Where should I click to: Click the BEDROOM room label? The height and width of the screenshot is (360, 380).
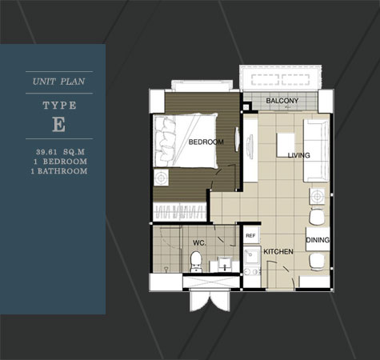(x=206, y=142)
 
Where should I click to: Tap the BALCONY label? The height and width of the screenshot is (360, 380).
(x=282, y=101)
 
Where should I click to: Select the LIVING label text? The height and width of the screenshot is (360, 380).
(x=298, y=155)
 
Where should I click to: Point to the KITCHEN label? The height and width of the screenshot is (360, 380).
(x=278, y=251)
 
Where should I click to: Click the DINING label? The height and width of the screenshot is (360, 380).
(x=318, y=240)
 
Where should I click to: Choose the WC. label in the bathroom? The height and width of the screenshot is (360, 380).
(x=199, y=243)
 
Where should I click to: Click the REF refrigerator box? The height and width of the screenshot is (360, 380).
(x=250, y=235)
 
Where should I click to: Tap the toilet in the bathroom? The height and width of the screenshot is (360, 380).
(x=197, y=262)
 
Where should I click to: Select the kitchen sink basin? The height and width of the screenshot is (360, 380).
(x=252, y=255)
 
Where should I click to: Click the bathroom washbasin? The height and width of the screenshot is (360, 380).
(x=226, y=264)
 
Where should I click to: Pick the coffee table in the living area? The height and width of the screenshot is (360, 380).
(x=286, y=145)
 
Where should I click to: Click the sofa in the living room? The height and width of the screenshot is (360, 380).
(x=317, y=150)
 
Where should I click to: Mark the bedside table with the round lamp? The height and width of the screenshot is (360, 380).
(x=161, y=177)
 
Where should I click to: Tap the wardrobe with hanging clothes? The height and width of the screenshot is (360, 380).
(x=180, y=211)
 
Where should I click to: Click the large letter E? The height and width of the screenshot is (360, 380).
(x=58, y=125)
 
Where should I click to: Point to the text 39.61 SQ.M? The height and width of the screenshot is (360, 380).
(x=61, y=152)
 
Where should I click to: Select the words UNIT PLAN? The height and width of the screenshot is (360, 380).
(x=58, y=82)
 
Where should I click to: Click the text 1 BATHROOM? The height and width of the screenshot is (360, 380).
(x=59, y=171)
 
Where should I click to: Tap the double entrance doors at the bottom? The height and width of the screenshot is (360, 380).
(x=210, y=300)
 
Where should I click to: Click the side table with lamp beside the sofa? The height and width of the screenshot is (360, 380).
(x=317, y=196)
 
